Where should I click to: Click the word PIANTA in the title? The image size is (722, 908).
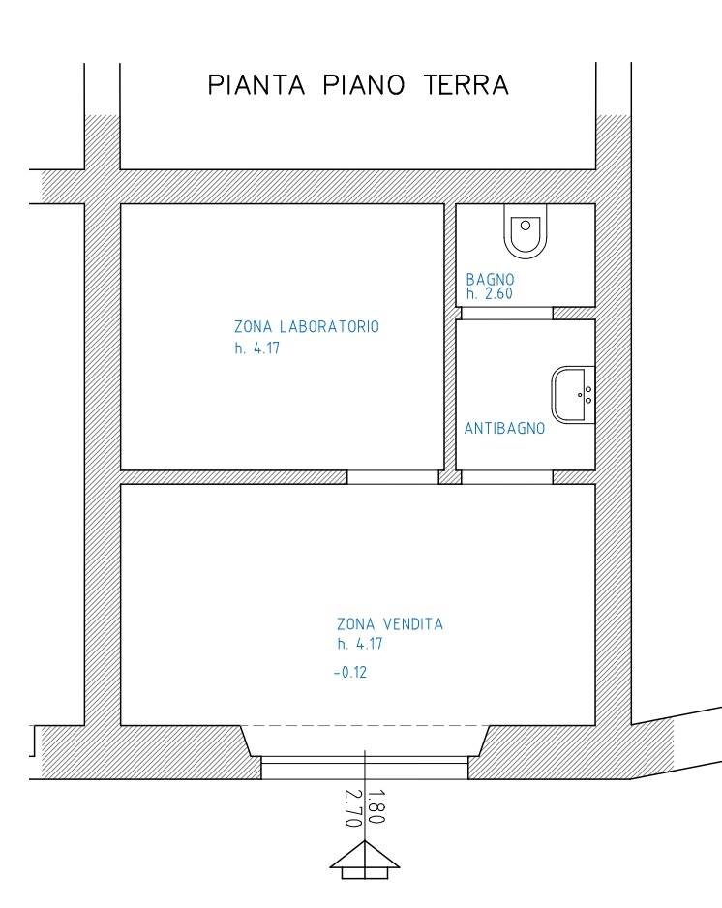[256, 85]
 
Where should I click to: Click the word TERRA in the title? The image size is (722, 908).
[466, 85]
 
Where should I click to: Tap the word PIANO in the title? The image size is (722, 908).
[364, 85]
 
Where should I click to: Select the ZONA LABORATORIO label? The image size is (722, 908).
[307, 326]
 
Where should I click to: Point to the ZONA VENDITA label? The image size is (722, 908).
[390, 624]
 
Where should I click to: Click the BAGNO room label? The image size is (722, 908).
[490, 280]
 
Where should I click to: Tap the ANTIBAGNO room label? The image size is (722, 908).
[504, 429]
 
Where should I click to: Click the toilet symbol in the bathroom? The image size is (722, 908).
[526, 230]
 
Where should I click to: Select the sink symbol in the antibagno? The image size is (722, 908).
[573, 395]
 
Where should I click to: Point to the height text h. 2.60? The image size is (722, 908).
[490, 293]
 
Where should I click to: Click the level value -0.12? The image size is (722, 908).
[350, 673]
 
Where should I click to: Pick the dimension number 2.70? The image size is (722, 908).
[353, 808]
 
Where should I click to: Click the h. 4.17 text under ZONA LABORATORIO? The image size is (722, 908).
[257, 348]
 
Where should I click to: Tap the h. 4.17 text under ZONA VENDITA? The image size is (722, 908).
[360, 644]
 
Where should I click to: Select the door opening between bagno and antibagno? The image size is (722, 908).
[507, 313]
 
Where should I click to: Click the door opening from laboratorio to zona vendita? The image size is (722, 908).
[393, 477]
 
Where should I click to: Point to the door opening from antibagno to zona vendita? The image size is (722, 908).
[507, 477]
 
